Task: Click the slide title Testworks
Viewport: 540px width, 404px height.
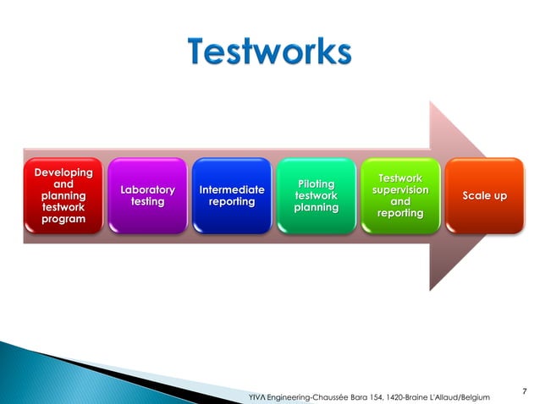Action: (x=269, y=52)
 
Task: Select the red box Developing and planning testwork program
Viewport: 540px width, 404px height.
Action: (x=63, y=195)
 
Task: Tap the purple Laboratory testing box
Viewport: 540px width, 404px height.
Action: (x=147, y=195)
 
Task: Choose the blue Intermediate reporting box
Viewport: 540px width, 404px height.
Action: (x=231, y=195)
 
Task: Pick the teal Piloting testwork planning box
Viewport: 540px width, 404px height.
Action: (x=316, y=195)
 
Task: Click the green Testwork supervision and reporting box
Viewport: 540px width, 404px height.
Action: (x=400, y=195)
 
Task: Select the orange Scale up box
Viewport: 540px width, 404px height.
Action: (x=484, y=195)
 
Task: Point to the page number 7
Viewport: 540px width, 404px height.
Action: (x=525, y=390)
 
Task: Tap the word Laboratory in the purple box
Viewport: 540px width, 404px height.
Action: (x=147, y=190)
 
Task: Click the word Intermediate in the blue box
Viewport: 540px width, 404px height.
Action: (x=231, y=190)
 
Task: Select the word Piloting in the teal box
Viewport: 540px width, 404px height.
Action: (x=316, y=184)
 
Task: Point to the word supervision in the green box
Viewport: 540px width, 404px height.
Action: (x=400, y=190)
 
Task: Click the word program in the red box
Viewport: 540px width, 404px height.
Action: (x=63, y=220)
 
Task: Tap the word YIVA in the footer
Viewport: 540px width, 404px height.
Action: (x=255, y=396)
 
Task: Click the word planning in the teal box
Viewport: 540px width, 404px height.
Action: (x=316, y=208)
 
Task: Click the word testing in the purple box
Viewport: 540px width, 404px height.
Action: (x=147, y=202)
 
